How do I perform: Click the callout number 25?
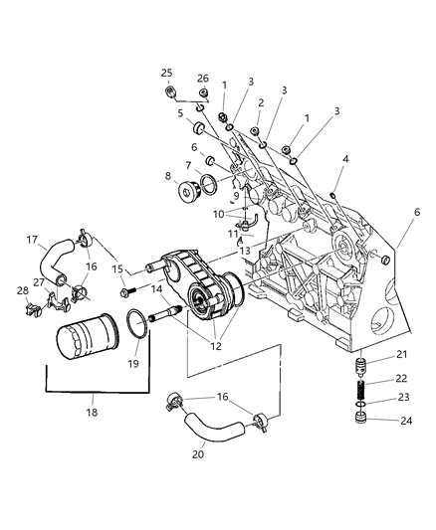pos(167,73)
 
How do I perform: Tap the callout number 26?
pos(202,79)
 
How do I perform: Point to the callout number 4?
pos(345,158)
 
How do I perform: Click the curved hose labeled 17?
pos(50,265)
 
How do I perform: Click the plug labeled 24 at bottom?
pos(365,438)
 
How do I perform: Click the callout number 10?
pos(218,215)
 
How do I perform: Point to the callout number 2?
pos(260,102)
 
